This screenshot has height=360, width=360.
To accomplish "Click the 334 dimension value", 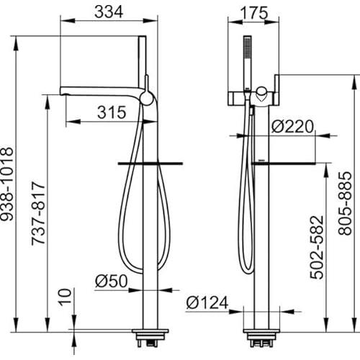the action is pyautogui.click(x=109, y=12).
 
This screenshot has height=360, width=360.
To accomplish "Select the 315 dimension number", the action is pyautogui.click(x=112, y=112).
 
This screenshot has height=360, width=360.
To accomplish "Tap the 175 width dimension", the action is pyautogui.click(x=254, y=13).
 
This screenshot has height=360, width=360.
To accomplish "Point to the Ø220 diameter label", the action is pyautogui.click(x=292, y=126).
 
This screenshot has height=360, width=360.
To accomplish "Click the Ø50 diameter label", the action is pyautogui.click(x=111, y=281).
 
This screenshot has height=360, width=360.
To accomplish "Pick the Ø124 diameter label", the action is pyautogui.click(x=207, y=302).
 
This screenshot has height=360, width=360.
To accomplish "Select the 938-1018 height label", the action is pyautogui.click(x=6, y=184).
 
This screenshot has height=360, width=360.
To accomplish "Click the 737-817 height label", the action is pyautogui.click(x=38, y=213).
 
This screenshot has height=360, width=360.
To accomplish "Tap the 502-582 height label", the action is pyautogui.click(x=317, y=248).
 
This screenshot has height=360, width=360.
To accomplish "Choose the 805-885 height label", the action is pyautogui.click(x=345, y=203).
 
